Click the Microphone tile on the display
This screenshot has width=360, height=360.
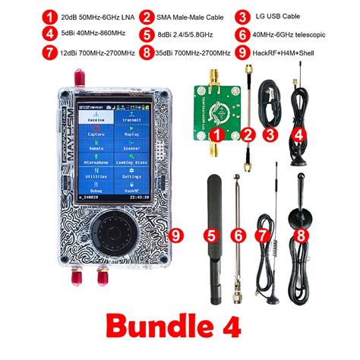96,162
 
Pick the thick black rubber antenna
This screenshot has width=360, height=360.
214,209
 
